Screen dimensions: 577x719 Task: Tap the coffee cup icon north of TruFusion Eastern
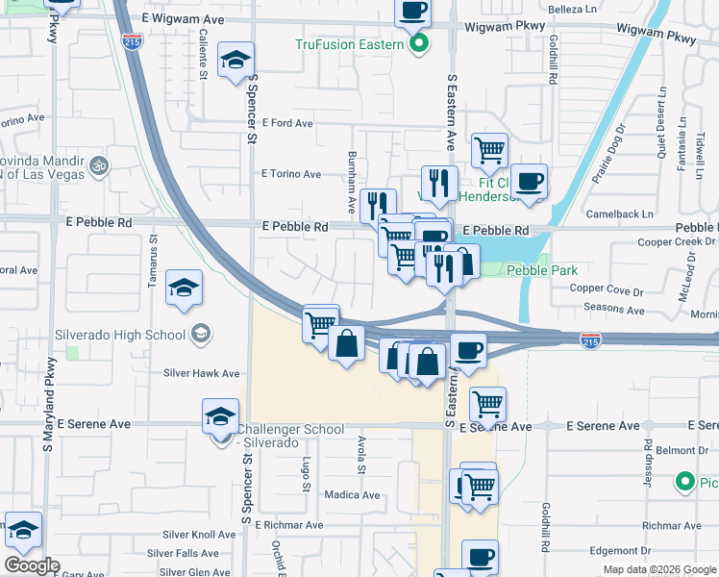pos(412,12)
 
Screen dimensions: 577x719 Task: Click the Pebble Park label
pos(542,271)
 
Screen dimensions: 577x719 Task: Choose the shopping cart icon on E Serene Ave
pos(488,404)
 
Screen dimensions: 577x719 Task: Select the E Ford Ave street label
pos(287,124)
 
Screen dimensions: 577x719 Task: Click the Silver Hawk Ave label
pos(201,373)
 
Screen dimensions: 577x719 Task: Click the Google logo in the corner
pos(32,565)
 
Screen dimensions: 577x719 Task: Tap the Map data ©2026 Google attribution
pos(658,569)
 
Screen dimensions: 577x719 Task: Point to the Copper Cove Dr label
pos(605,288)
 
